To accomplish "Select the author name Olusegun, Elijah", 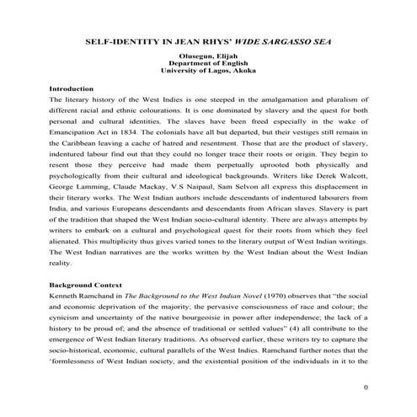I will tap(208, 56).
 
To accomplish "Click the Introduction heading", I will tap(71, 88).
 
